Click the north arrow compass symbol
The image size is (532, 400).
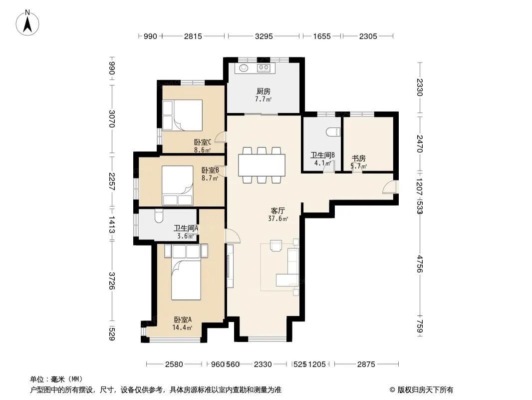coord(27,23)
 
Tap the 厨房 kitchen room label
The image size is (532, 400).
coord(264,91)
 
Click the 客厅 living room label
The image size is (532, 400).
coord(277,210)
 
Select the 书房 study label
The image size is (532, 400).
coord(359,158)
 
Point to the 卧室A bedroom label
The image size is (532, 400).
coord(183,319)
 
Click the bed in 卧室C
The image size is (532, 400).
coord(182,115)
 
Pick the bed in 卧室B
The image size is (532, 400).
coord(178,185)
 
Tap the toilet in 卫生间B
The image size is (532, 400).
coord(333,132)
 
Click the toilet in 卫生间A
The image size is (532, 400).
coord(159,216)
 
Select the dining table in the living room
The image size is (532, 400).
coord(262,165)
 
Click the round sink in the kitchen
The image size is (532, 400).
coord(244,68)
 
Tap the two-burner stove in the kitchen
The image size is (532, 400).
coord(264,68)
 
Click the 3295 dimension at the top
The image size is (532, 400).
coord(264,36)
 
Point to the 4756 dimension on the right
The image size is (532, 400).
coord(420,263)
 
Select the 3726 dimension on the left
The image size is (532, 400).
coord(112,280)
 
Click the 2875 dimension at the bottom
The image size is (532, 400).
coord(366,364)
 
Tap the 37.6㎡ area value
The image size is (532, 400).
coord(278,218)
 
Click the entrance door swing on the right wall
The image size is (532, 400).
coord(389,187)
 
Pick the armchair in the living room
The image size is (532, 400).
coord(276,245)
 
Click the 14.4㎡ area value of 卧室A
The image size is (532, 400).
coord(183,327)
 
